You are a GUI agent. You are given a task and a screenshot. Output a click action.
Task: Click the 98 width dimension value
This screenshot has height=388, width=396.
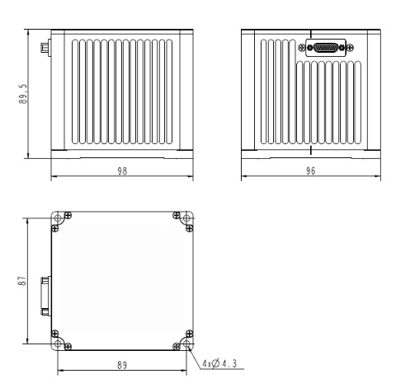122,171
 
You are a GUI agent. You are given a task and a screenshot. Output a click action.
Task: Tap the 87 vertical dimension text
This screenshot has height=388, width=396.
25,280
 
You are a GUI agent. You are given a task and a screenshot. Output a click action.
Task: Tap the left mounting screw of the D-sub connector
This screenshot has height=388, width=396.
310,48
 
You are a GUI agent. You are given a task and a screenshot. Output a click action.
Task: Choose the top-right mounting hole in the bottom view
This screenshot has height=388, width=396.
188,218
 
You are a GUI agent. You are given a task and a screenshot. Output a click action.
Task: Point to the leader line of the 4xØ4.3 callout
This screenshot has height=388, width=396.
198,353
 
